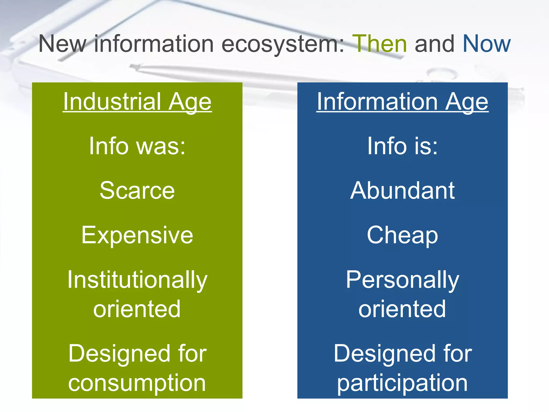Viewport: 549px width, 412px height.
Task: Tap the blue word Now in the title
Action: pyautogui.click(x=486, y=44)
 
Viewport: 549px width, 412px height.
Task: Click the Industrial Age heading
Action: pyautogui.click(x=137, y=102)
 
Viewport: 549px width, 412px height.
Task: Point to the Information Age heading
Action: pyautogui.click(x=402, y=102)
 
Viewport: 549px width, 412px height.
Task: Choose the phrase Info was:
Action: pyautogui.click(x=137, y=146)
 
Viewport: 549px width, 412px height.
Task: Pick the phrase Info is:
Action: pyautogui.click(x=402, y=146)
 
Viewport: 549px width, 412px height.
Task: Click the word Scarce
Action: pyautogui.click(x=137, y=190)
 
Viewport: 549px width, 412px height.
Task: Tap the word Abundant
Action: pyautogui.click(x=402, y=190)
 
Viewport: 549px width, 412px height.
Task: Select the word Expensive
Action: pyautogui.click(x=137, y=235)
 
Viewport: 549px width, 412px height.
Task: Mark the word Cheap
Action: pyautogui.click(x=402, y=235)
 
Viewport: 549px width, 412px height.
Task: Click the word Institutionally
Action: pyautogui.click(x=137, y=280)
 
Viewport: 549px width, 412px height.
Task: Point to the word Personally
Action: pyautogui.click(x=402, y=280)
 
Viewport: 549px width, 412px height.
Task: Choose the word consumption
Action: pyautogui.click(x=137, y=383)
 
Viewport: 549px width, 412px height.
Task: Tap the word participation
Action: pyautogui.click(x=402, y=383)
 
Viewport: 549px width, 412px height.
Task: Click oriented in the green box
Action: pyautogui.click(x=137, y=309)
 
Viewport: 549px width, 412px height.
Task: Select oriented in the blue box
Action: pyautogui.click(x=402, y=309)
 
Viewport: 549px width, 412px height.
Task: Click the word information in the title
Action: pyautogui.click(x=154, y=44)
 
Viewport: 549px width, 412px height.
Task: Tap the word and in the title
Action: pyautogui.click(x=435, y=44)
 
